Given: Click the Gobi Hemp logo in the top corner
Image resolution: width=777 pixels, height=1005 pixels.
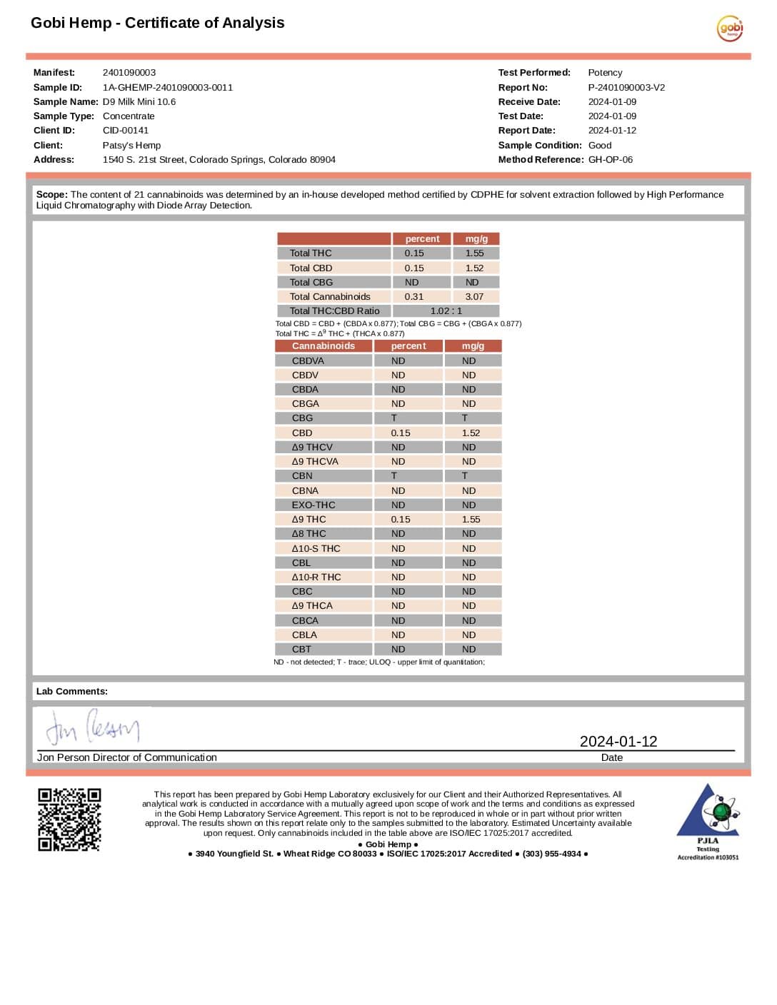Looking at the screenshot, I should pyautogui.click(x=730, y=29).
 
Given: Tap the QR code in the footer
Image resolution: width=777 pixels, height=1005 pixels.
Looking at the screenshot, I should pyautogui.click(x=69, y=819).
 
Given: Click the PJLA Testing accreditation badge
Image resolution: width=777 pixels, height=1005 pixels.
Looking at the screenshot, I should pyautogui.click(x=708, y=821).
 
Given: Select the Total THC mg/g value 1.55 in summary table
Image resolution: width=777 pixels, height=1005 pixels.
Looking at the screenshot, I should pyautogui.click(x=475, y=253).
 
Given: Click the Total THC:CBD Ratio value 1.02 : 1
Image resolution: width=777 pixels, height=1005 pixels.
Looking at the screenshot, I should pyautogui.click(x=446, y=311).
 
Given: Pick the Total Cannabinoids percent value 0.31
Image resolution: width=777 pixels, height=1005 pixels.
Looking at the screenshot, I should pyautogui.click(x=414, y=297).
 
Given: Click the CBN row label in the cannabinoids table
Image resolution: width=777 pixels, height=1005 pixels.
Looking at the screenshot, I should pyautogui.click(x=302, y=476).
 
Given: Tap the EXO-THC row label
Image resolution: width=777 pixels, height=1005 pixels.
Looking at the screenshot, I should pyautogui.click(x=314, y=505).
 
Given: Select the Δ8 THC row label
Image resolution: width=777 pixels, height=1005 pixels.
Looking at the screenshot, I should pyautogui.click(x=309, y=534).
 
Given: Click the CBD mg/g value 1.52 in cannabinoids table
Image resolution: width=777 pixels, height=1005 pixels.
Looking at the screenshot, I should pyautogui.click(x=471, y=433).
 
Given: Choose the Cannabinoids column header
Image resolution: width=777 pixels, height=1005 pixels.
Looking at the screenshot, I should pyautogui.click(x=323, y=346).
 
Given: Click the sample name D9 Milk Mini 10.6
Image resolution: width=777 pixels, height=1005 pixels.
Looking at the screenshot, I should pyautogui.click(x=139, y=102).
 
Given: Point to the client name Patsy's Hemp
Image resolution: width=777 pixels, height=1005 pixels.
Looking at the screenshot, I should pyautogui.click(x=132, y=146).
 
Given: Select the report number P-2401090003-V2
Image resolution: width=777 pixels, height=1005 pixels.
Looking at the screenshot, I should pyautogui.click(x=626, y=88).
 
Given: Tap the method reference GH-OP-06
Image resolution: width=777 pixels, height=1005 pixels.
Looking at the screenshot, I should pyautogui.click(x=611, y=160).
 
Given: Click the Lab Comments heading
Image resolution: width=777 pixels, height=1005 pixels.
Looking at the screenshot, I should pyautogui.click(x=72, y=692).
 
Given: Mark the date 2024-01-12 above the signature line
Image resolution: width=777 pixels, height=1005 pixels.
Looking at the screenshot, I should pyautogui.click(x=618, y=742).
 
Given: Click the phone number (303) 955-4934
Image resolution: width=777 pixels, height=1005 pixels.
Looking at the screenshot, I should pyautogui.click(x=551, y=854).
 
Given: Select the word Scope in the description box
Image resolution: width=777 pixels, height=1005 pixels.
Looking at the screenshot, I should pyautogui.click(x=51, y=195).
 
